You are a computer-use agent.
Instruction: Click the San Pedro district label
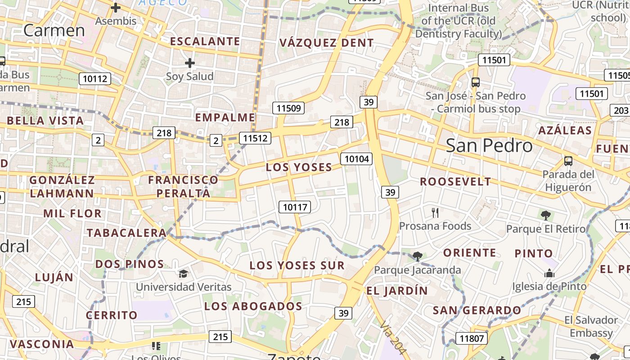[x=489, y=145]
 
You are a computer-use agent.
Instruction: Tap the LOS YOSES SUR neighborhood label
[x=297, y=265]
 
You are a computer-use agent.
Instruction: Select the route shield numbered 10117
[x=295, y=207]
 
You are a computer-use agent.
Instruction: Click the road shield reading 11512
[x=255, y=138]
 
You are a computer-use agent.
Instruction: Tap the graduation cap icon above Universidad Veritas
[x=183, y=274]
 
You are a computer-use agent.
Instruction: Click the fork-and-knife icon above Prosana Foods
[x=435, y=212]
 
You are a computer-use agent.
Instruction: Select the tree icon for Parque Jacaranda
[x=417, y=256]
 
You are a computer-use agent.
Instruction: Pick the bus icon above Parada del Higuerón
[x=568, y=161]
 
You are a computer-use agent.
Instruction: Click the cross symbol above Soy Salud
[x=190, y=63]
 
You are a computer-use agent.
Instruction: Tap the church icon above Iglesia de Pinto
[x=549, y=273]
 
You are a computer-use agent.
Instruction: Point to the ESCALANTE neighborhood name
[x=205, y=41]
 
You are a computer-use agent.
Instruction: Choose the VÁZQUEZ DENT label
[x=326, y=43]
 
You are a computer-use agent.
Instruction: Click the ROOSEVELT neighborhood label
[x=455, y=182]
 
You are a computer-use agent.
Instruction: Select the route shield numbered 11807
[x=472, y=338]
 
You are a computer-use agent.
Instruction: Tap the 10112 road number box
[x=95, y=79]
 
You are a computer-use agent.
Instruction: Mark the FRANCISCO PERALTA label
[x=183, y=186]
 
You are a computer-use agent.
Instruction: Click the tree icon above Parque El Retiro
[x=546, y=216]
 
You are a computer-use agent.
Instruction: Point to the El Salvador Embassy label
[x=591, y=326]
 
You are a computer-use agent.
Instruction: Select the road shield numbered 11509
[x=288, y=108]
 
